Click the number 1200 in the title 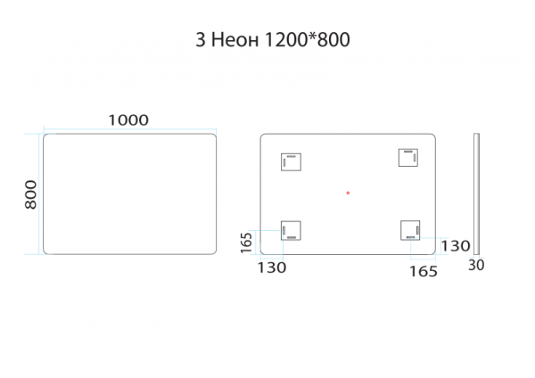(x=286, y=39)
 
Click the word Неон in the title (x=235, y=40)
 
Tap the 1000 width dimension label (x=128, y=120)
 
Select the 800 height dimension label (x=30, y=194)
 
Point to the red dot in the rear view (x=348, y=193)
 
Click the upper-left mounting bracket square (x=291, y=162)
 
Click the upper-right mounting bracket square (x=408, y=158)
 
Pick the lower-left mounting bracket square (x=291, y=231)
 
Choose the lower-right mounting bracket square (x=410, y=230)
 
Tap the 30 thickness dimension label (x=476, y=265)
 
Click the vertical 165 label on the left (x=246, y=242)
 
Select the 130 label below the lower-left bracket (x=272, y=267)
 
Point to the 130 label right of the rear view (x=456, y=246)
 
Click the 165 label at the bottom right (x=424, y=272)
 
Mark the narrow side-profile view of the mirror (x=477, y=193)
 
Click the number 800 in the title (x=333, y=39)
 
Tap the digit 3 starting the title (x=201, y=40)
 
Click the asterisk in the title (x=312, y=37)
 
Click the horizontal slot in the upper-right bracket (x=408, y=151)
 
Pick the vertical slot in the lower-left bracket (x=284, y=230)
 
